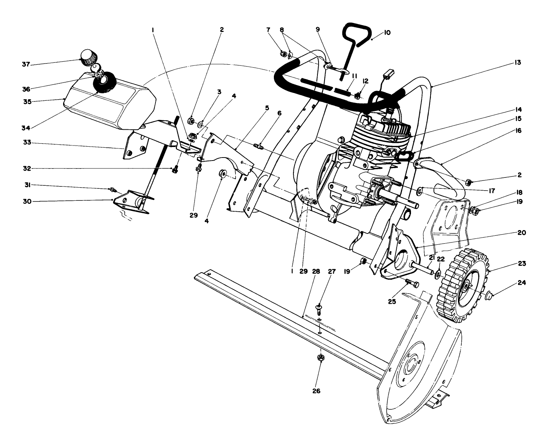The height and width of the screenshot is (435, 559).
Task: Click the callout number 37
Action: [25, 65]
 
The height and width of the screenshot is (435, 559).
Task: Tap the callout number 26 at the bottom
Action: [316, 391]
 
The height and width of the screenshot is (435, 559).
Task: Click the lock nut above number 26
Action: [320, 358]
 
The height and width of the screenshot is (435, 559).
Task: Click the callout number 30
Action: [26, 201]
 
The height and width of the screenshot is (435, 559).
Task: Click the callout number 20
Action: [521, 233]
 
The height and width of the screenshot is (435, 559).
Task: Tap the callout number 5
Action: [267, 108]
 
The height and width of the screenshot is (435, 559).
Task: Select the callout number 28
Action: [316, 271]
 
